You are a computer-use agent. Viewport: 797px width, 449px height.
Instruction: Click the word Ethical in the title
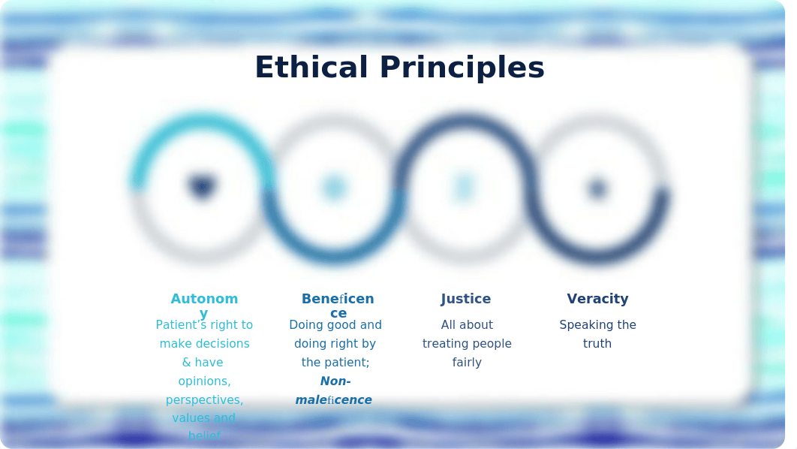311,67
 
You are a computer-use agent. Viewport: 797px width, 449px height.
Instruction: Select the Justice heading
465,299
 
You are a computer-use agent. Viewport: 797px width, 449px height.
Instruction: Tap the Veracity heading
597,299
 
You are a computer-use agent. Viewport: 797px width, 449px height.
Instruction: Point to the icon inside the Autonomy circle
202,187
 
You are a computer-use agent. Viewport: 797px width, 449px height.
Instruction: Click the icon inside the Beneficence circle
335,188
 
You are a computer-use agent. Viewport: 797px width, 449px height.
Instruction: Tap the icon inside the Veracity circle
597,188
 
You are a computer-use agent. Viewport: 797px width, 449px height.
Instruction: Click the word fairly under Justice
467,363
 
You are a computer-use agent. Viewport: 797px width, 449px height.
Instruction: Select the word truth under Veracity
597,344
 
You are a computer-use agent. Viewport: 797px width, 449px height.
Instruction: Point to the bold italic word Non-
335,381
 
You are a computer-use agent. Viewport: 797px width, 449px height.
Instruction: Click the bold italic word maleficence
333,400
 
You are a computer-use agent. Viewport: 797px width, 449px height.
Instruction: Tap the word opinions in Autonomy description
204,381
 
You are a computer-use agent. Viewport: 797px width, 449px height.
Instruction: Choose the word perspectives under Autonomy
204,400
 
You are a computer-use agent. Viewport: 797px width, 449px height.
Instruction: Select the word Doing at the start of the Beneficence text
306,325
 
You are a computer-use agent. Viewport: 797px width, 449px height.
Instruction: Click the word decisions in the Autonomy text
222,344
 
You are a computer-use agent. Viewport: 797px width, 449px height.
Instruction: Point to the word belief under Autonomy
204,435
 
